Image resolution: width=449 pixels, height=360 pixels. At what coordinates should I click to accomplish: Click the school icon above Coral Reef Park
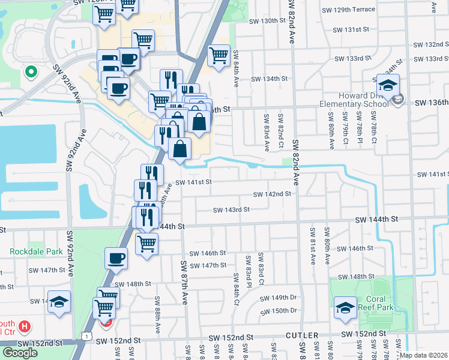345,308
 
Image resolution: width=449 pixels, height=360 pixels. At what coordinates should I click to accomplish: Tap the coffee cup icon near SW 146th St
116,259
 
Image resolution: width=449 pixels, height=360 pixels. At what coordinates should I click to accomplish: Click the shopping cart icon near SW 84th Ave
218,56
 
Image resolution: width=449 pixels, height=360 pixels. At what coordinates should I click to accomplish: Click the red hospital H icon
25,327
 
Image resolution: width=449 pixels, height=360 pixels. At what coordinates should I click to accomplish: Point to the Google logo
20,353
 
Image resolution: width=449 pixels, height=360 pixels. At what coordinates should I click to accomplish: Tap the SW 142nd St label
272,194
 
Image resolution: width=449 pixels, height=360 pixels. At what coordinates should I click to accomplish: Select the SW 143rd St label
231,210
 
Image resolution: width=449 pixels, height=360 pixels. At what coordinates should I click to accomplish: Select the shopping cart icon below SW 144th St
146,244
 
